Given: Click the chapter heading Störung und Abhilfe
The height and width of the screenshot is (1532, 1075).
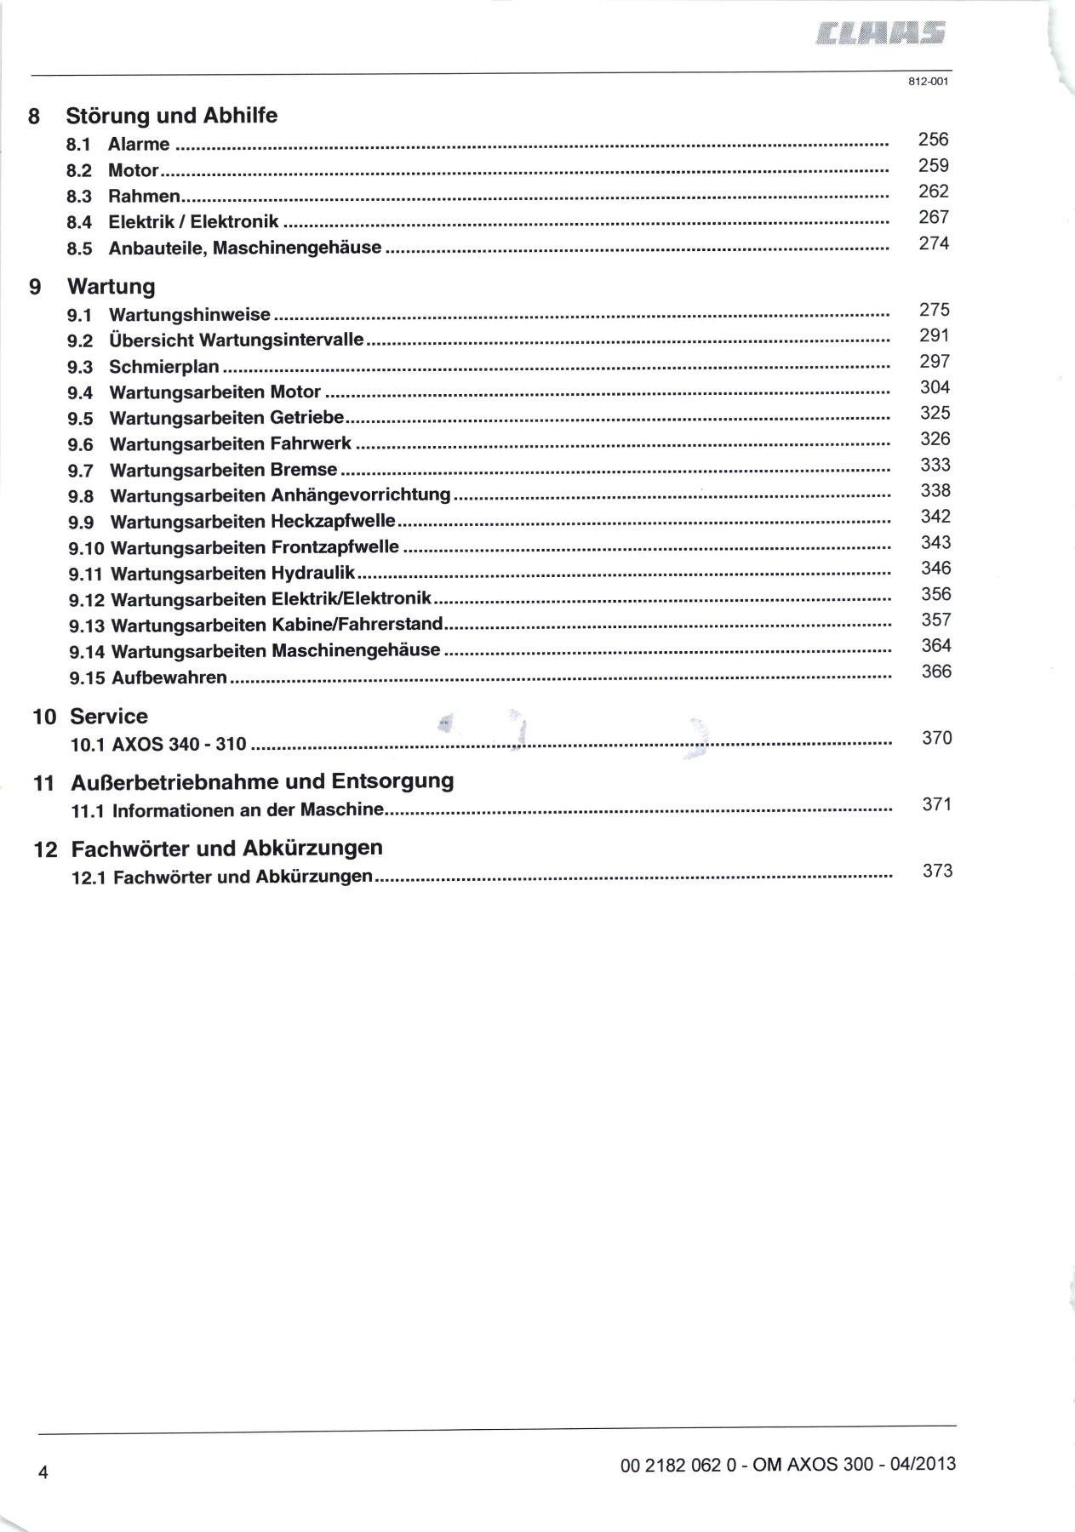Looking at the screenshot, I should [x=172, y=116].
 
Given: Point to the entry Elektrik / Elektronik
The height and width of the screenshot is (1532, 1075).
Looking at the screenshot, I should [x=193, y=222].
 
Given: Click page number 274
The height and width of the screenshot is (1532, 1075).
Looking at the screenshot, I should [x=934, y=243].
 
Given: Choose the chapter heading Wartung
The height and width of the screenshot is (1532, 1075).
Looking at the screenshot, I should [x=112, y=286].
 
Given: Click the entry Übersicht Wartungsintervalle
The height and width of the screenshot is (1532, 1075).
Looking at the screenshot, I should [x=237, y=340].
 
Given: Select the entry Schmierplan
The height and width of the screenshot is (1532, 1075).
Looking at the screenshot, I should [x=164, y=367].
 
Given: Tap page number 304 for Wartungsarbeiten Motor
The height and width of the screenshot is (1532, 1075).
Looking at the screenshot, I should [x=935, y=388].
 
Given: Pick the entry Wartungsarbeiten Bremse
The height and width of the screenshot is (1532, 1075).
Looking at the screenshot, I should [x=224, y=470].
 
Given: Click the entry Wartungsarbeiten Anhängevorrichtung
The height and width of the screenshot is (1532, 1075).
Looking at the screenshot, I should [x=280, y=495].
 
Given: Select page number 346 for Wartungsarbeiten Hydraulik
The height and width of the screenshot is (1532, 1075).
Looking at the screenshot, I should [x=935, y=569].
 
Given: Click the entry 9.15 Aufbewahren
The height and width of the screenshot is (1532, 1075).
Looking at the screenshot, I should [x=148, y=678].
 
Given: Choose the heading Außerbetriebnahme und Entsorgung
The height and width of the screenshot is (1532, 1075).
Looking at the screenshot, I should [x=262, y=781].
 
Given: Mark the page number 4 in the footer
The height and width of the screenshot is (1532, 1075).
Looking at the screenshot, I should [x=42, y=1473].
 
